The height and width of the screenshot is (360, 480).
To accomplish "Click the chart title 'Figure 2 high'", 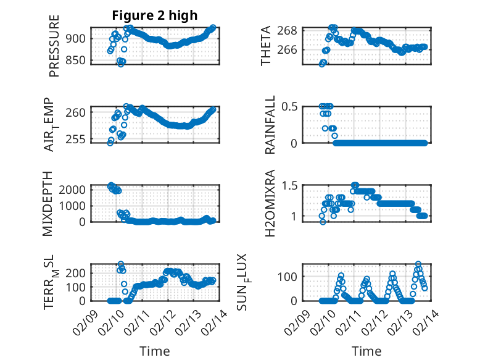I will (155, 15).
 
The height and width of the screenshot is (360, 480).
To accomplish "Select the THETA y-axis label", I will (266, 46).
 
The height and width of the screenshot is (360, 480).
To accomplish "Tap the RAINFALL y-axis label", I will (270, 125).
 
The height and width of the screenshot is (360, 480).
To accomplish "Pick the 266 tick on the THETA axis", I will (291, 50).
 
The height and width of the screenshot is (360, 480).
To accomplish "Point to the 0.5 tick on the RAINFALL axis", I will (291, 107).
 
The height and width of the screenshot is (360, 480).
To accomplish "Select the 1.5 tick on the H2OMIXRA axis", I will (291, 185).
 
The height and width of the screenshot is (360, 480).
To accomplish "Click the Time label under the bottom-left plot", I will (154, 351).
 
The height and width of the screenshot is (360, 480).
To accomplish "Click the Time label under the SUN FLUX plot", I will (366, 351).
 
